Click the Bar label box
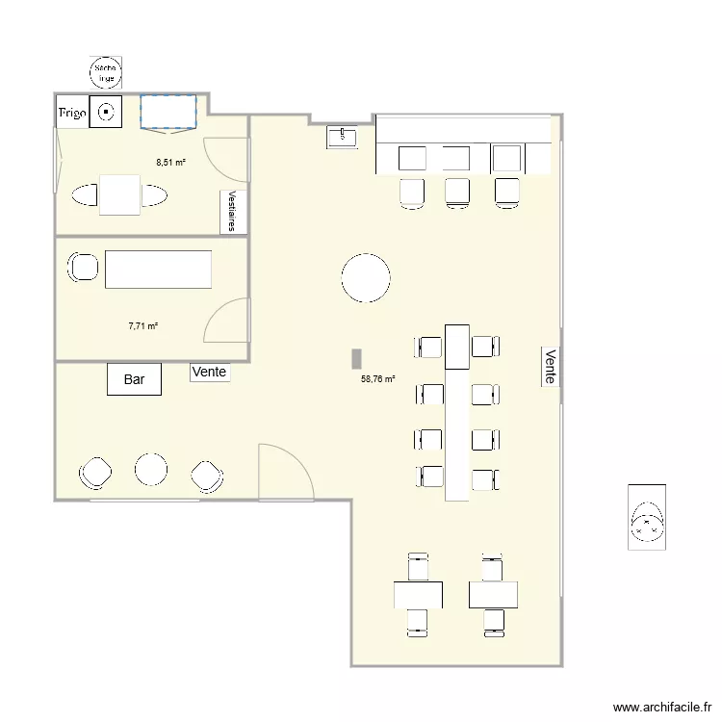[134, 379]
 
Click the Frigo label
[73, 114]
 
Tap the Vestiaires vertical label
[232, 211]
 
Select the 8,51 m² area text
[170, 163]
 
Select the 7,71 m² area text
[142, 326]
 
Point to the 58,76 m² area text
[378, 379]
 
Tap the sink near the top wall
[342, 137]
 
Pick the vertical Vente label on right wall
[550, 366]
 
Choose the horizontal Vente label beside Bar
[210, 372]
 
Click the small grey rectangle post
[355, 358]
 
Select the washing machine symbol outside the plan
[647, 517]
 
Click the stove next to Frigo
[105, 112]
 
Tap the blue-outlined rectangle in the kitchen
[168, 111]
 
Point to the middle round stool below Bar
[151, 470]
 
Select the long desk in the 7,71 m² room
[158, 269]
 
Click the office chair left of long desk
[82, 267]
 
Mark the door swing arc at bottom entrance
[286, 471]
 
